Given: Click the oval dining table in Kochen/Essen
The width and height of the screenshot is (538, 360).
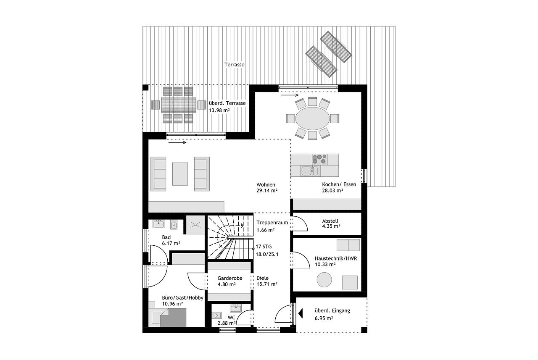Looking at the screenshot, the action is pos(312,118).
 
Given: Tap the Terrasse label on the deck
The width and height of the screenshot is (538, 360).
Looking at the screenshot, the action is pos(235,65).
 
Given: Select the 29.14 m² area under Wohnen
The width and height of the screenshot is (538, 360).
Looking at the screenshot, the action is pos(267,191).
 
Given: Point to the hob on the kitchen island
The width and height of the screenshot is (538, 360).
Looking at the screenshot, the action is pos(320,159).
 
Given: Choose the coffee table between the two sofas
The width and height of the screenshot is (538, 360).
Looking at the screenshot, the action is pos(180,174).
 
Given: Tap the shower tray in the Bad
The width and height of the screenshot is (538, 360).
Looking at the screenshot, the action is pos(195,225).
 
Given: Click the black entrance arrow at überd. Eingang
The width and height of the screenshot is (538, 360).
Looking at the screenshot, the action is pos(300,313).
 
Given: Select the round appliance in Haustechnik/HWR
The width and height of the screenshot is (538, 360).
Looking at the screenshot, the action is pos(324,280).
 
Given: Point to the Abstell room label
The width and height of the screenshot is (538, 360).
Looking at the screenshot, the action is pos(330,221).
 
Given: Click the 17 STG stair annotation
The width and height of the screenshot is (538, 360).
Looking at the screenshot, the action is pos(264,247).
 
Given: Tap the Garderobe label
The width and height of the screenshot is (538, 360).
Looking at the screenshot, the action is pos(230,278).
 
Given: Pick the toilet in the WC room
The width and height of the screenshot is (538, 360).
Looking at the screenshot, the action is pos(218,315).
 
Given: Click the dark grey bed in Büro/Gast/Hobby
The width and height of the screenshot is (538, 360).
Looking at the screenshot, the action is pos(173,318).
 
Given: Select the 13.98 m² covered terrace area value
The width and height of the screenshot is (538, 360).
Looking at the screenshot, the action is pos(219,110).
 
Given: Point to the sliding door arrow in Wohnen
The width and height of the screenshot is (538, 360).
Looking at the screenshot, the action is pos(177,142).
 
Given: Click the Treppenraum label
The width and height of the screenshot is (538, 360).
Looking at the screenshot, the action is pos(272,223).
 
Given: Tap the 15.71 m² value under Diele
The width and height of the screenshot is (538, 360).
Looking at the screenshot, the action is pos(267,284).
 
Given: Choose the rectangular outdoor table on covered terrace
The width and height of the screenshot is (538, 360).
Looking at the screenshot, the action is pos(179,105).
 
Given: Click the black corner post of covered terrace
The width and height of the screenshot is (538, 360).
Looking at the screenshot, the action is pos(145,88).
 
